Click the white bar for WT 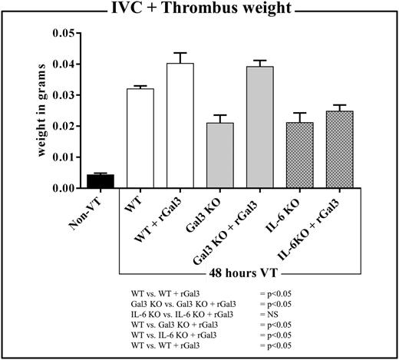click(140, 138)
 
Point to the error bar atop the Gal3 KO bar click(219, 116)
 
